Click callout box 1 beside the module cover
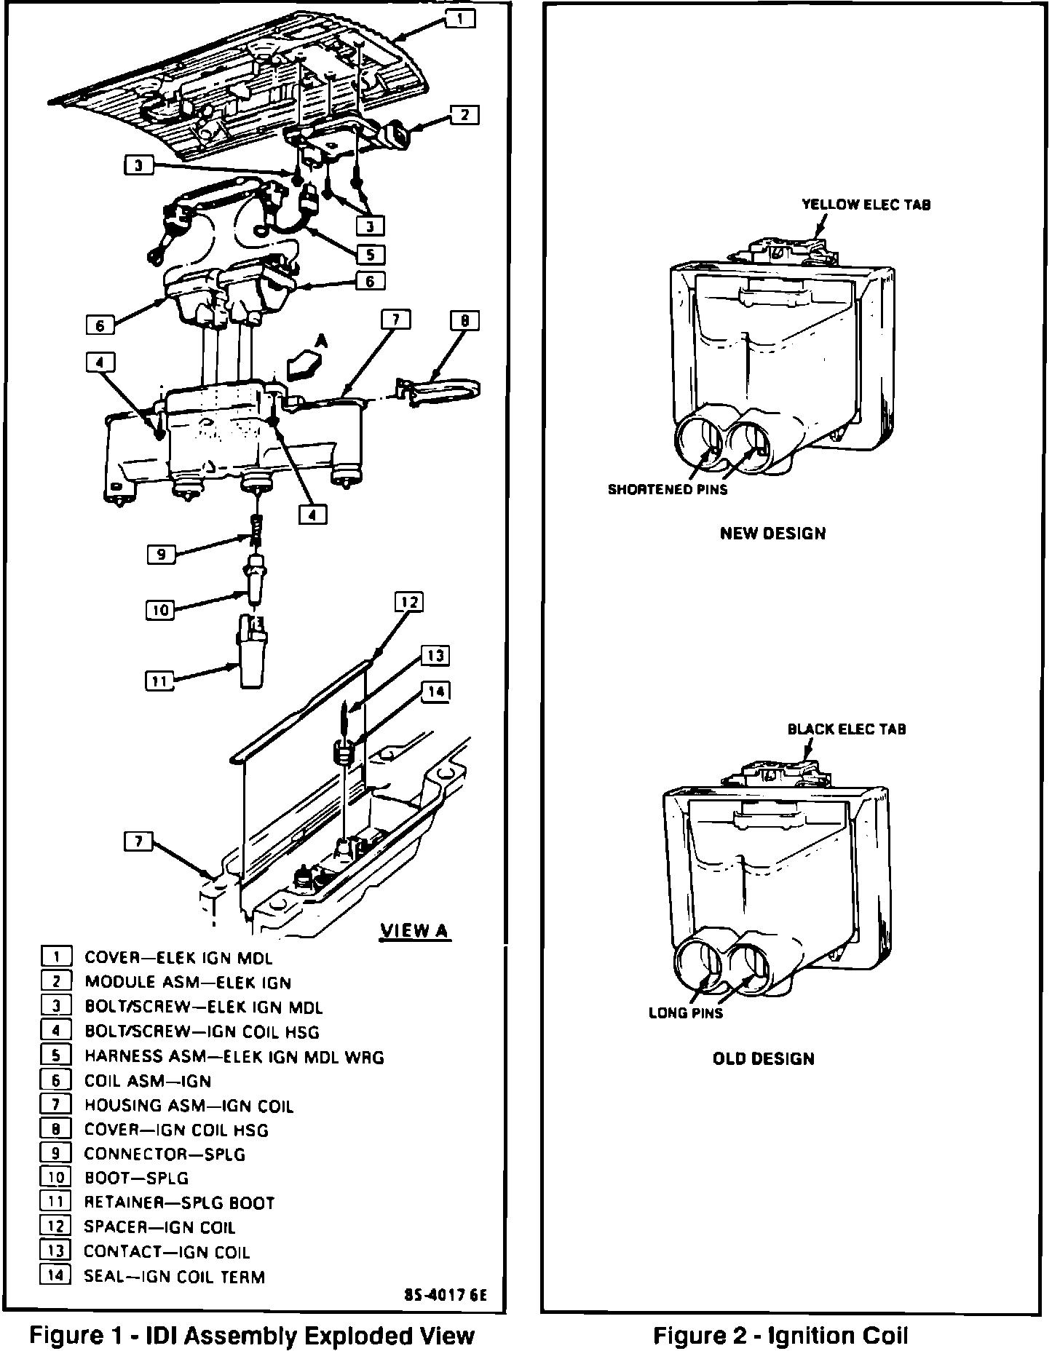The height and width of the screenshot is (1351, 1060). [460, 18]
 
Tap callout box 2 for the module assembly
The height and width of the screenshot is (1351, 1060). [464, 114]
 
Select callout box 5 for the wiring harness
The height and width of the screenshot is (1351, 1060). [371, 255]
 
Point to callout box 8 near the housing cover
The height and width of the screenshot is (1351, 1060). [464, 320]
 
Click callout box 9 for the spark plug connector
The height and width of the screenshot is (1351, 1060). [161, 555]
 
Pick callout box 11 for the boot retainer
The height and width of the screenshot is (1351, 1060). [159, 681]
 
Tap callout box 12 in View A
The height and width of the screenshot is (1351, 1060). [409, 602]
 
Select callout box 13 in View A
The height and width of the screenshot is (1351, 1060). [435, 656]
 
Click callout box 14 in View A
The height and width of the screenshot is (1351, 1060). [435, 692]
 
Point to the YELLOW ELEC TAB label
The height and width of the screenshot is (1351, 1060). [866, 205]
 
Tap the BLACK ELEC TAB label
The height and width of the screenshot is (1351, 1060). [846, 729]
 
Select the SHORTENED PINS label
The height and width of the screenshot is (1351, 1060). [668, 489]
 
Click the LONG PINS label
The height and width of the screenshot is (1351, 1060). [686, 1013]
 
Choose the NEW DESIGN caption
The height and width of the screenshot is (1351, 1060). [772, 534]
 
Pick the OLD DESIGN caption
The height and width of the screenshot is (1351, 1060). [763, 1058]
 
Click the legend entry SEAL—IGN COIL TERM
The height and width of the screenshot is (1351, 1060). [174, 1276]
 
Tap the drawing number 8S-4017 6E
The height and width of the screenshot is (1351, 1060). [445, 1296]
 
